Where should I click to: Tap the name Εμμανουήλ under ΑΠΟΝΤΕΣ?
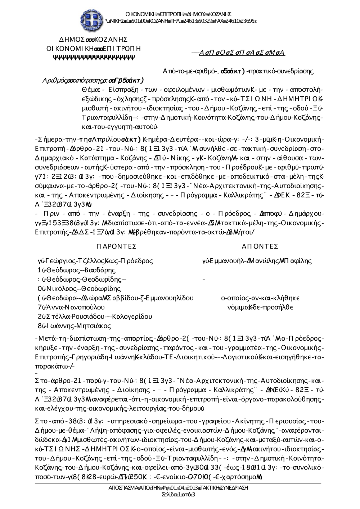225,261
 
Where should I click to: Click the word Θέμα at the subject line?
90,90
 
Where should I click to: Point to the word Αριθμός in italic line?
54,80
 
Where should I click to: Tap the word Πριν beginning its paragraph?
48,214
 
